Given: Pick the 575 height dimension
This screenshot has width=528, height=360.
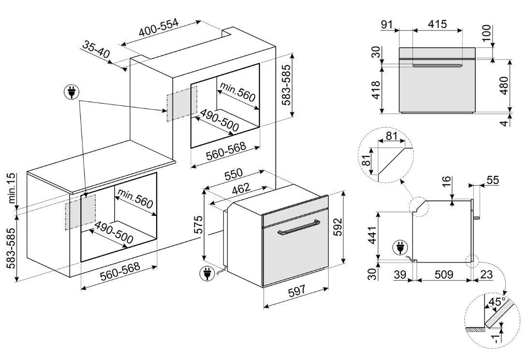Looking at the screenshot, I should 198,225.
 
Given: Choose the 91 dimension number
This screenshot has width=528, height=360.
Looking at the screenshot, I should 387,24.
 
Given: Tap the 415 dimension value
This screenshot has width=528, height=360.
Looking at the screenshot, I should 437,24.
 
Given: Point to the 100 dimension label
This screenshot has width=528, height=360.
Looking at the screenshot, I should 487,33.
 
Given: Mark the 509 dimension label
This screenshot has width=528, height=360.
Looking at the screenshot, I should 443,275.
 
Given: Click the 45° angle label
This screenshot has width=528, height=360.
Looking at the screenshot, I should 497,303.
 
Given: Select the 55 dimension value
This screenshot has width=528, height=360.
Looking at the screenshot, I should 492,180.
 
